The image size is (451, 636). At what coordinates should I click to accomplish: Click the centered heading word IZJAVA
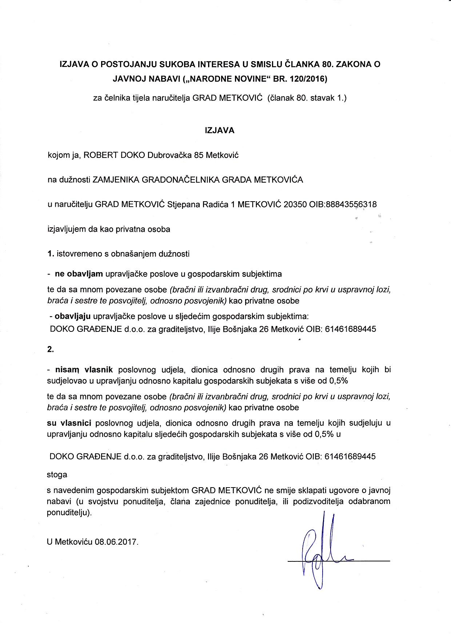[220, 130]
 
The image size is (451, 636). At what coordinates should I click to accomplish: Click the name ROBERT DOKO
[114, 155]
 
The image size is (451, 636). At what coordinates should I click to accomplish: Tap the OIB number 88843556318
[351, 204]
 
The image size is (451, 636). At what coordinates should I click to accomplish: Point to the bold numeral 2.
[51, 349]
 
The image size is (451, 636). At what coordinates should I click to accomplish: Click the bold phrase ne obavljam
[79, 274]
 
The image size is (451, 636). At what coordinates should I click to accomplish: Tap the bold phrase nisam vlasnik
[84, 370]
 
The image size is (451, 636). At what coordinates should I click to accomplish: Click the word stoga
[57, 474]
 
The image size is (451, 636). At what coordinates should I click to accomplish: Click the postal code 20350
[295, 204]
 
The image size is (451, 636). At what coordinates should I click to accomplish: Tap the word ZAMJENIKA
[116, 180]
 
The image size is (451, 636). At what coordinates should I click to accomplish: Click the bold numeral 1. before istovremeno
[51, 254]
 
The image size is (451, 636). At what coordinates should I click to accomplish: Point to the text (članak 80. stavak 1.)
[307, 98]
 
